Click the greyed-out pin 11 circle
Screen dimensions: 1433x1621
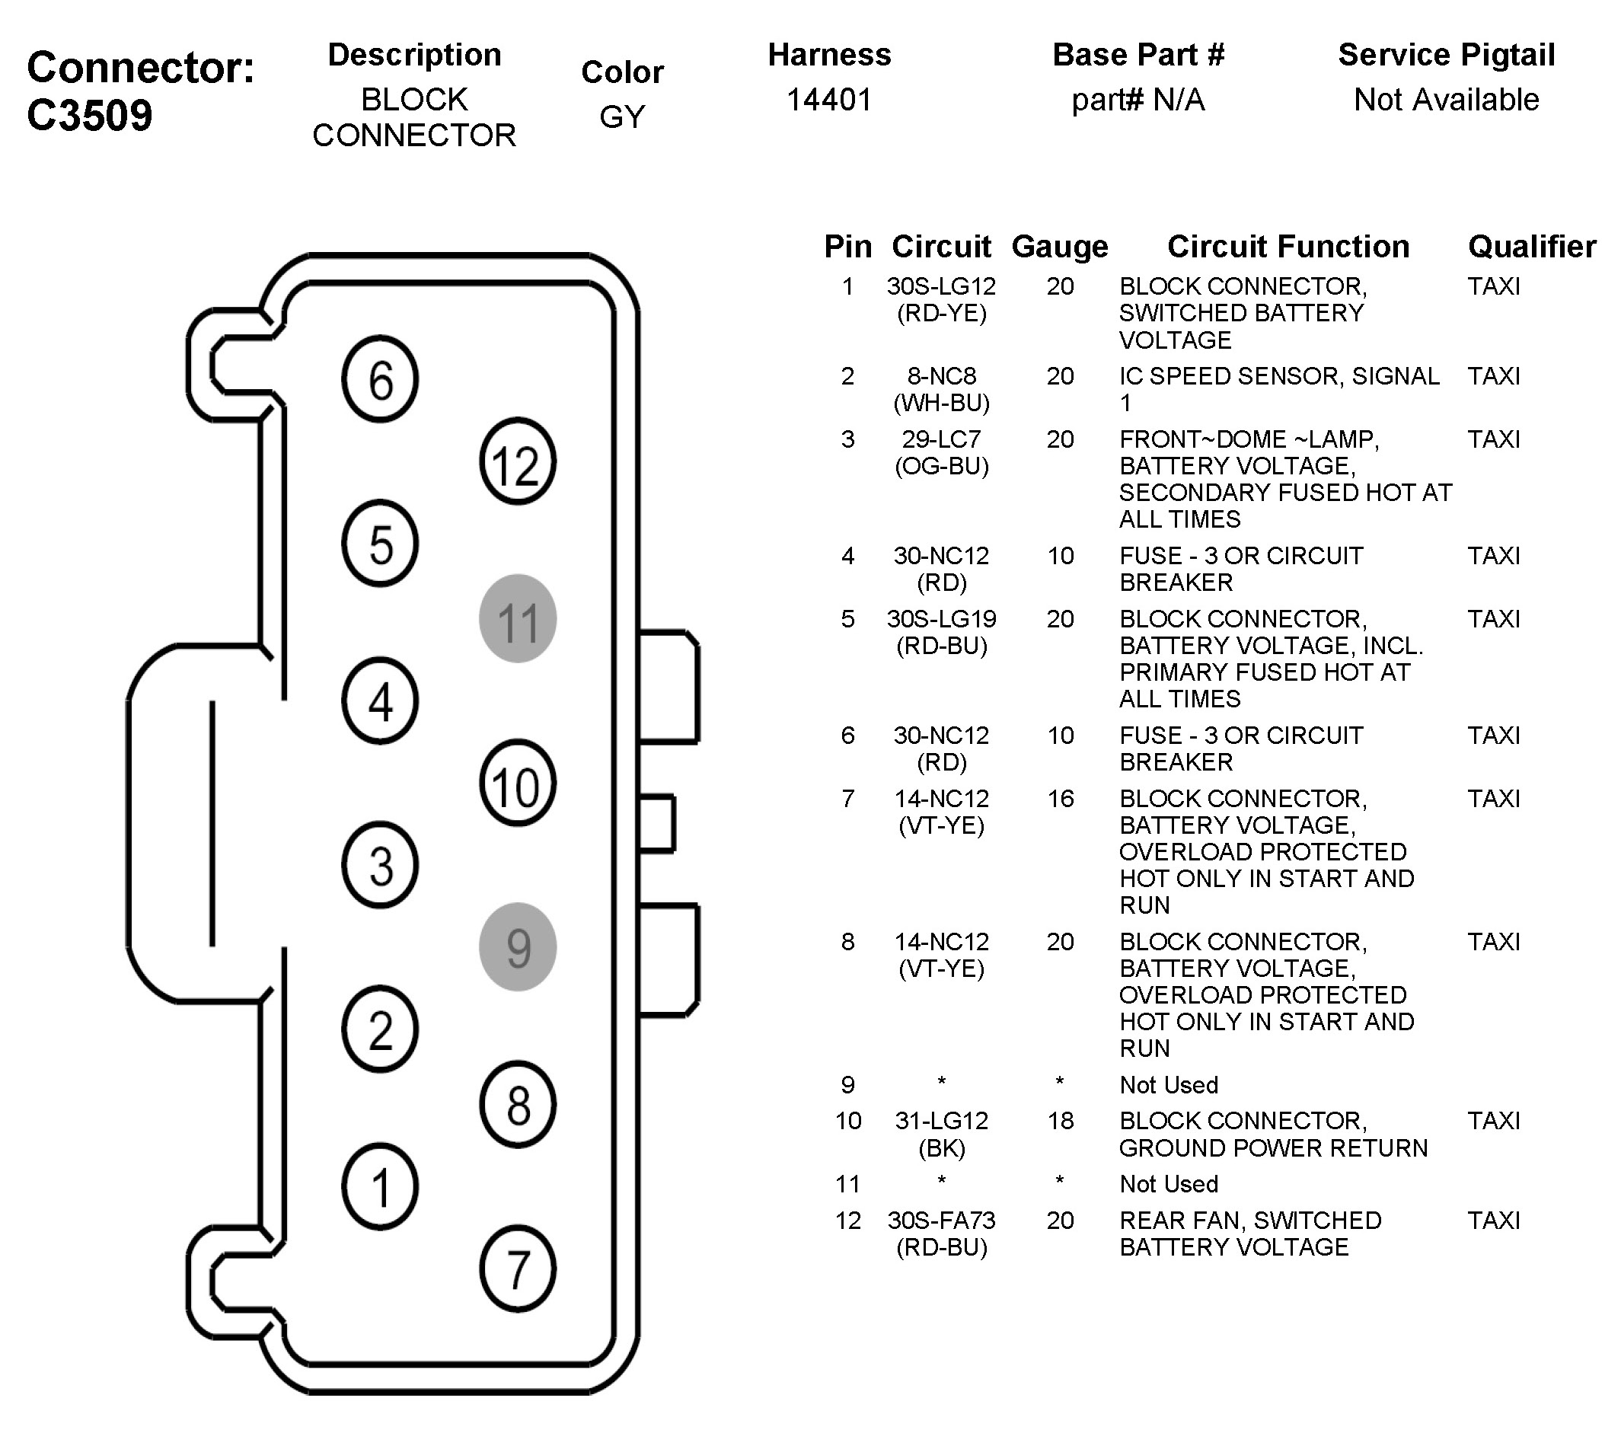coord(517,618)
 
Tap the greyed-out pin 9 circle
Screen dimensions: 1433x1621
coord(517,947)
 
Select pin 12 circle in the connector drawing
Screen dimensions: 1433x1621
coord(517,461)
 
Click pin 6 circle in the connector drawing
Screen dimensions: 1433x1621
coord(380,379)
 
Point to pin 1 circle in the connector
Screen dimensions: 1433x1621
coord(380,1186)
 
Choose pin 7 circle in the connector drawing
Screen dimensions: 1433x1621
coord(517,1269)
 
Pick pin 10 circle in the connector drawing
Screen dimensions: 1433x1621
coord(517,784)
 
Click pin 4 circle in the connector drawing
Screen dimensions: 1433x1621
coord(380,701)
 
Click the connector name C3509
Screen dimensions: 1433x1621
coord(90,115)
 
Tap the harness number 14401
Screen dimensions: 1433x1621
coord(828,100)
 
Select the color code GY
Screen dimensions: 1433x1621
coord(622,116)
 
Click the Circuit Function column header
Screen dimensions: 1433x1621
coord(1288,247)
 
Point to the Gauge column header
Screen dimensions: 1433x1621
coord(1060,247)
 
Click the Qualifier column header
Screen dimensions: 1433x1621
coord(1531,247)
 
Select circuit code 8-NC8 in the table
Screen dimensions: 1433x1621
coord(941,376)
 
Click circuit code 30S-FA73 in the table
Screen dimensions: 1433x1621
coord(941,1221)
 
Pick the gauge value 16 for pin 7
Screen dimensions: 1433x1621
coord(1060,799)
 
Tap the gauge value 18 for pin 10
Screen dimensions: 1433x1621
coord(1060,1121)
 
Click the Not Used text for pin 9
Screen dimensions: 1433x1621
coord(1168,1085)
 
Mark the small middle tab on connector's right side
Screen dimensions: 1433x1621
coord(656,823)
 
